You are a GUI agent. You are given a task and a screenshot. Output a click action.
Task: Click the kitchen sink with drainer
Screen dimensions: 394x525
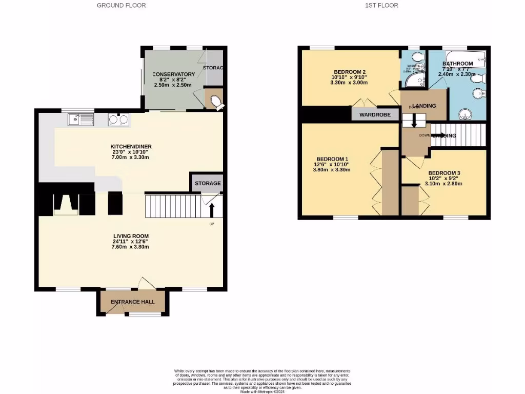click(x=79, y=120)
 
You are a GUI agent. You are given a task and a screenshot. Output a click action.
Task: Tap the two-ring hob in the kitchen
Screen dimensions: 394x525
click(x=118, y=120)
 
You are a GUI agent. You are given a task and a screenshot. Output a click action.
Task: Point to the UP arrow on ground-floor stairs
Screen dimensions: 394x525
click(x=212, y=210)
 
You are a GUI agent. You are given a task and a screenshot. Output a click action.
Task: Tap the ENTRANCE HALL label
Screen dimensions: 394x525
click(x=132, y=302)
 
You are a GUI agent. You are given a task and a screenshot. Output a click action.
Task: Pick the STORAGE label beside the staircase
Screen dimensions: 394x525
click(x=208, y=183)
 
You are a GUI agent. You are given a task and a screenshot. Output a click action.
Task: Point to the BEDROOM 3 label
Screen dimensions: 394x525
click(x=445, y=173)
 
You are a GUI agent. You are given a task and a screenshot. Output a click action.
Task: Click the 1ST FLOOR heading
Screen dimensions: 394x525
click(x=381, y=5)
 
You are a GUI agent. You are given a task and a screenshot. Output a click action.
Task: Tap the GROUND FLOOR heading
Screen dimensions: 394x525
click(x=122, y=5)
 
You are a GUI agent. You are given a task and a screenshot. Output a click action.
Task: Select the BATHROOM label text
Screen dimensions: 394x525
click(x=458, y=64)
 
